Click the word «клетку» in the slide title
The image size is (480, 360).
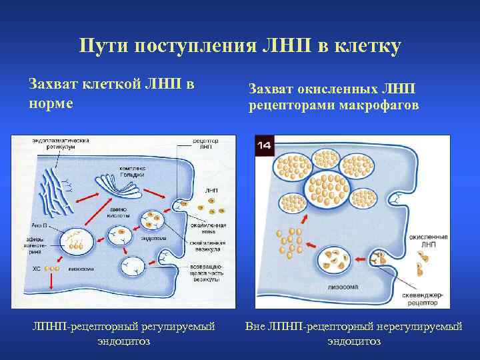(x=361, y=47)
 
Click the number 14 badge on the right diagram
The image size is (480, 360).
(x=265, y=145)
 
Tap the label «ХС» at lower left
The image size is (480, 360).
(x=37, y=269)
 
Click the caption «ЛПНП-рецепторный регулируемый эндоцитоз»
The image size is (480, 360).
(x=124, y=333)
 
